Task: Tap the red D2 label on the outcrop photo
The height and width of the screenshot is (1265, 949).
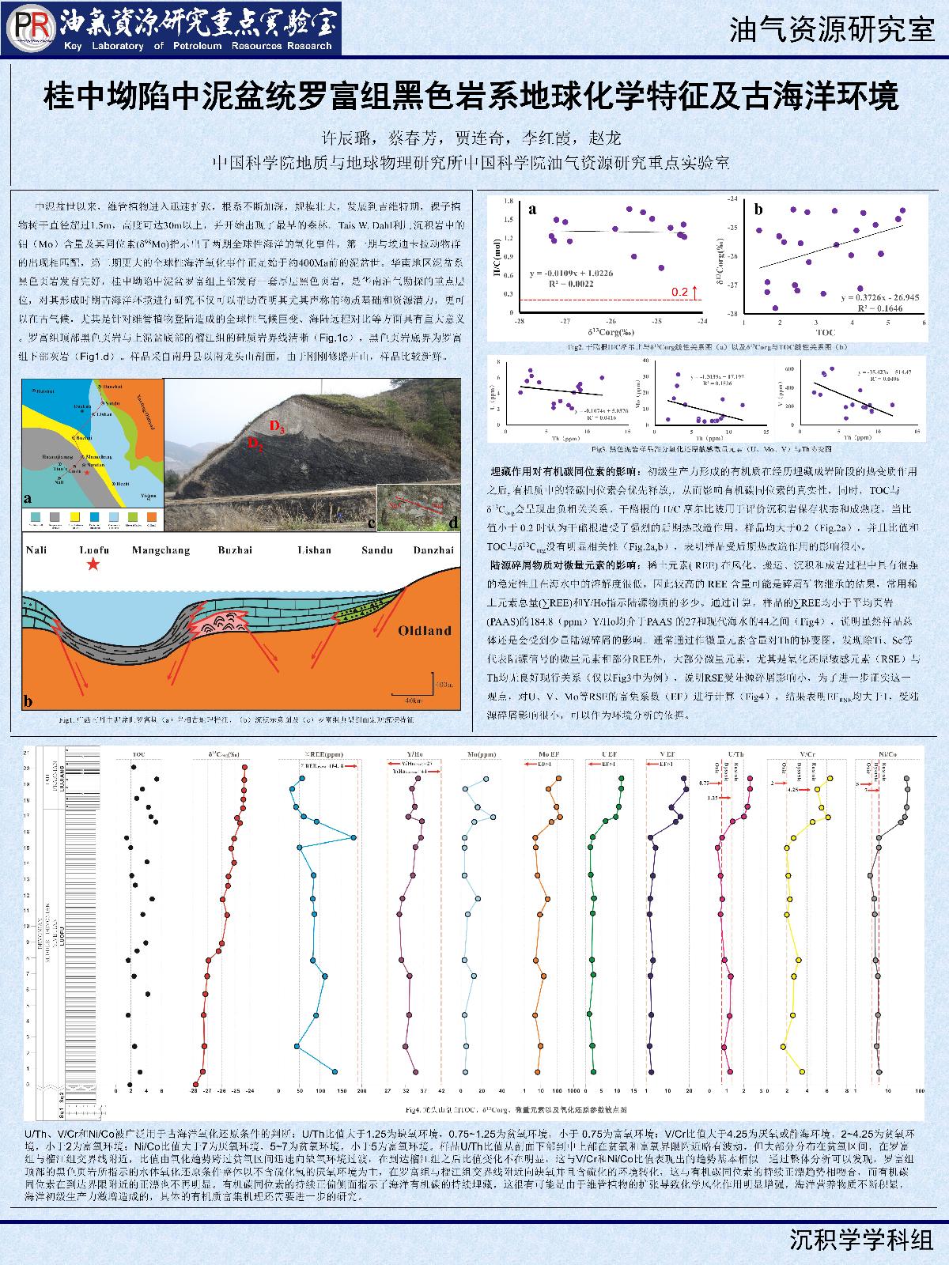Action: coord(255,444)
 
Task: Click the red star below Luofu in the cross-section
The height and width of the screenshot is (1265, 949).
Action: coord(94,564)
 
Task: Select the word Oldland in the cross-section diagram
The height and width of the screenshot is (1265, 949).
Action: coord(424,630)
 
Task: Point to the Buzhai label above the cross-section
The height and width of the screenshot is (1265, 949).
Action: coord(236,550)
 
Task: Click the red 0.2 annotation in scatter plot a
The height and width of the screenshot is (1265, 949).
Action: coord(680,292)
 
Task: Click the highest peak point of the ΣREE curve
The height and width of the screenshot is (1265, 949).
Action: coord(354,838)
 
